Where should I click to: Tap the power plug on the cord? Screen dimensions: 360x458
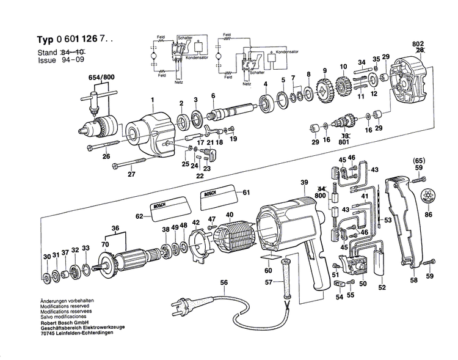(x=181, y=304)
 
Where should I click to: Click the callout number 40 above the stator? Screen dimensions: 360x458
(x=229, y=215)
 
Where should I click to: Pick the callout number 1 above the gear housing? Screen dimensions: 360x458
(x=153, y=100)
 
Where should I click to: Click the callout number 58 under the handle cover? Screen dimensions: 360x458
(x=413, y=281)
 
